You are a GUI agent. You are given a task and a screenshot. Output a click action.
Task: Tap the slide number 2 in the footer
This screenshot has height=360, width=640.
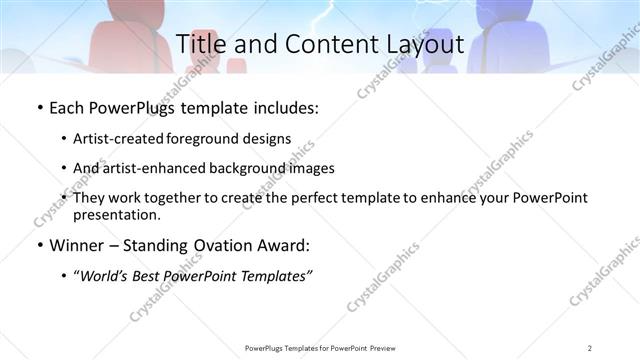point(590,348)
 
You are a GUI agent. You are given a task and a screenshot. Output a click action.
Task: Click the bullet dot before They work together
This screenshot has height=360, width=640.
point(64,198)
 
